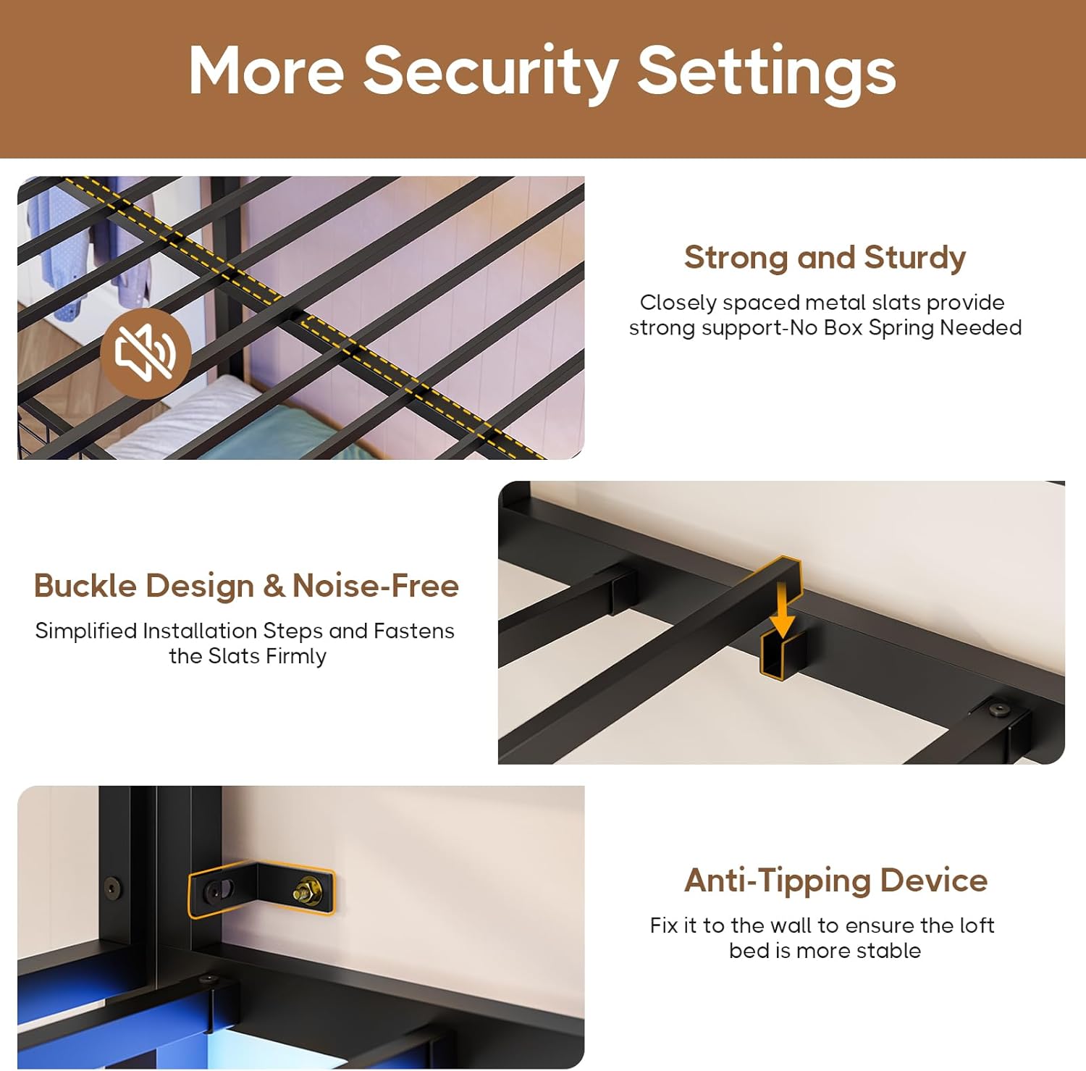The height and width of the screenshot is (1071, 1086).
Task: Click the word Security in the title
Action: (x=491, y=72)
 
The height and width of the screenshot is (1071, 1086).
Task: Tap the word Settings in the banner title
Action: (x=767, y=72)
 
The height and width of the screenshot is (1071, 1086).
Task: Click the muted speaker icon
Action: (x=146, y=353)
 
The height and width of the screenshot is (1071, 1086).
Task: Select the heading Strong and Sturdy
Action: (x=825, y=258)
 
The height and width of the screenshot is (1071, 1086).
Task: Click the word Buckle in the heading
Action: (x=85, y=586)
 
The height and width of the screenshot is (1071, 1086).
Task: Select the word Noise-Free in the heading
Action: (x=375, y=586)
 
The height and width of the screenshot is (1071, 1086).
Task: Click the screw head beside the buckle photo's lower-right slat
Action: (x=1000, y=709)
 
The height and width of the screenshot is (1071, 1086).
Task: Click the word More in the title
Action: (x=266, y=71)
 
